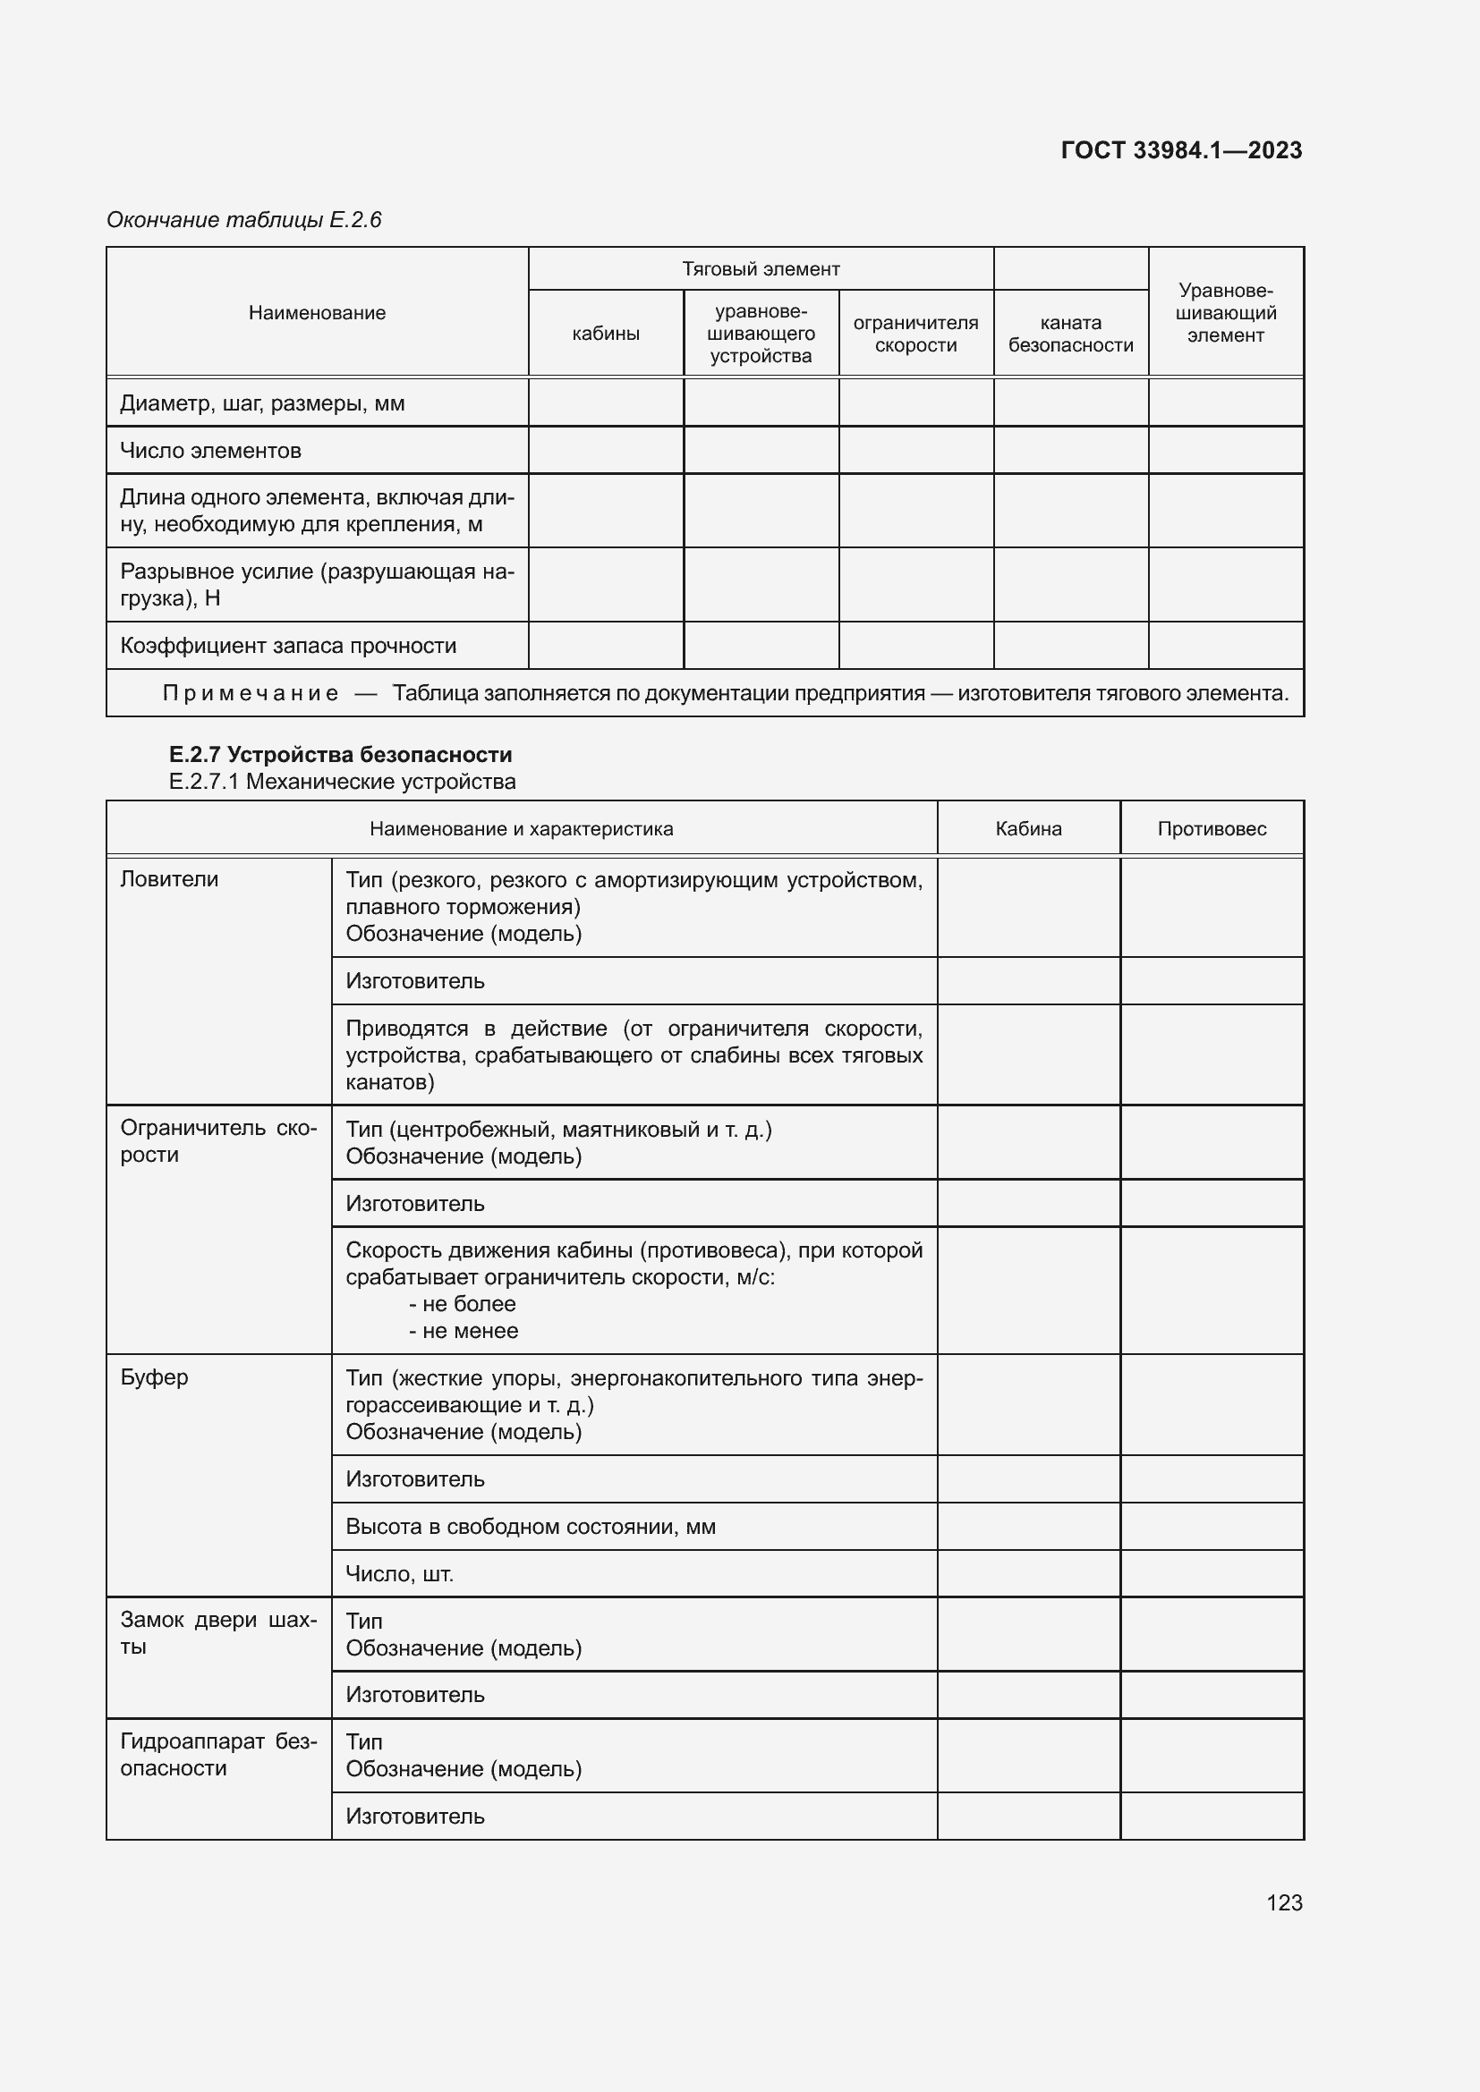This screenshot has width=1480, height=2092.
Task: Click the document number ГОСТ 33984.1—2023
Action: (x=1181, y=150)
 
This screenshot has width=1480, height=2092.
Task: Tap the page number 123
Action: (x=1284, y=1902)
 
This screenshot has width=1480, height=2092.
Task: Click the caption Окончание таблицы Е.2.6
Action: (x=244, y=220)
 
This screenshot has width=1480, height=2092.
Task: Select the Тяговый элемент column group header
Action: (x=760, y=269)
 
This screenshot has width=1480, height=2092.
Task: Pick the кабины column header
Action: (x=605, y=334)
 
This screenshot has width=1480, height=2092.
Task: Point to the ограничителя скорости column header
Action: (x=915, y=334)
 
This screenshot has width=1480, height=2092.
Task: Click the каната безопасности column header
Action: (x=1071, y=334)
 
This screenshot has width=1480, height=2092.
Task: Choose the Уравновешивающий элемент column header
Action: (x=1226, y=312)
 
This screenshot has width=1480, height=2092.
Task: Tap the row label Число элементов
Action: (x=210, y=451)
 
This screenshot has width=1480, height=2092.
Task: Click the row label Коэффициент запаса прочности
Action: (x=288, y=646)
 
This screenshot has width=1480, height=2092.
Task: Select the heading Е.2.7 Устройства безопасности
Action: (x=341, y=755)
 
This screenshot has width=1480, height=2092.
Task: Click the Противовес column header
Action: (x=1212, y=829)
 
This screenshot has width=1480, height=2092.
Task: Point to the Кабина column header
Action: (x=1028, y=829)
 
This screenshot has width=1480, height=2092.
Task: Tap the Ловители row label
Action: (x=169, y=879)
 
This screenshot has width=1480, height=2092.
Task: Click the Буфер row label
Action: (x=154, y=1376)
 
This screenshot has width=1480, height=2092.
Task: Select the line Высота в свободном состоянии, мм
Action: (x=531, y=1526)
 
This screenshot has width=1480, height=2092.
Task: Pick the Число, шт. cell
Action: (x=399, y=1573)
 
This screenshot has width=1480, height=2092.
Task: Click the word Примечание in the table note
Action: (x=251, y=693)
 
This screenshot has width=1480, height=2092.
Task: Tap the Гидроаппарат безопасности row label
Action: (x=218, y=1754)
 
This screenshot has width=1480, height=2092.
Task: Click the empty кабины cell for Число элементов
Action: (x=605, y=451)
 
